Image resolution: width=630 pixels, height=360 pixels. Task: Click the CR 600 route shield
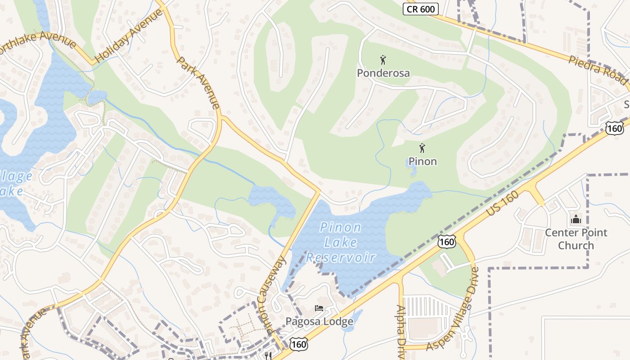click(x=420, y=9)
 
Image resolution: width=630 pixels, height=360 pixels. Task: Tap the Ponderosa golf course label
click(x=383, y=73)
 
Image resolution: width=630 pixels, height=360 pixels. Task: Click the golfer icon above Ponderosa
click(x=383, y=59)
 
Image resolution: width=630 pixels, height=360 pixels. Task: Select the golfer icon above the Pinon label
click(x=422, y=148)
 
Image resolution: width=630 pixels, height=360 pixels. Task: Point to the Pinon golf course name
click(x=423, y=161)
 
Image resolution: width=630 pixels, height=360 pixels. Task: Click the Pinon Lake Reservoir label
click(x=341, y=243)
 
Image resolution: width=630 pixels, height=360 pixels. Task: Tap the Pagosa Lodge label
click(x=319, y=322)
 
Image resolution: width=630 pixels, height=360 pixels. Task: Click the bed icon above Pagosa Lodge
click(x=319, y=309)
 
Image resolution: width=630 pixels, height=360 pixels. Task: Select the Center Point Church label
click(x=576, y=239)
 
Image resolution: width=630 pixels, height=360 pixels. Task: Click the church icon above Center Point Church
click(x=576, y=220)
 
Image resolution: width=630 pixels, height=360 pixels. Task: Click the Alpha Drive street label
click(x=400, y=331)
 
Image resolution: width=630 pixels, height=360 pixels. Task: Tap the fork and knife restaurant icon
click(x=269, y=355)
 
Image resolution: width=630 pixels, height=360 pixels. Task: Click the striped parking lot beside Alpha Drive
click(x=426, y=306)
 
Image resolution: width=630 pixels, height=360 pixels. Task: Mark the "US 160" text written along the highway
click(x=503, y=207)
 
